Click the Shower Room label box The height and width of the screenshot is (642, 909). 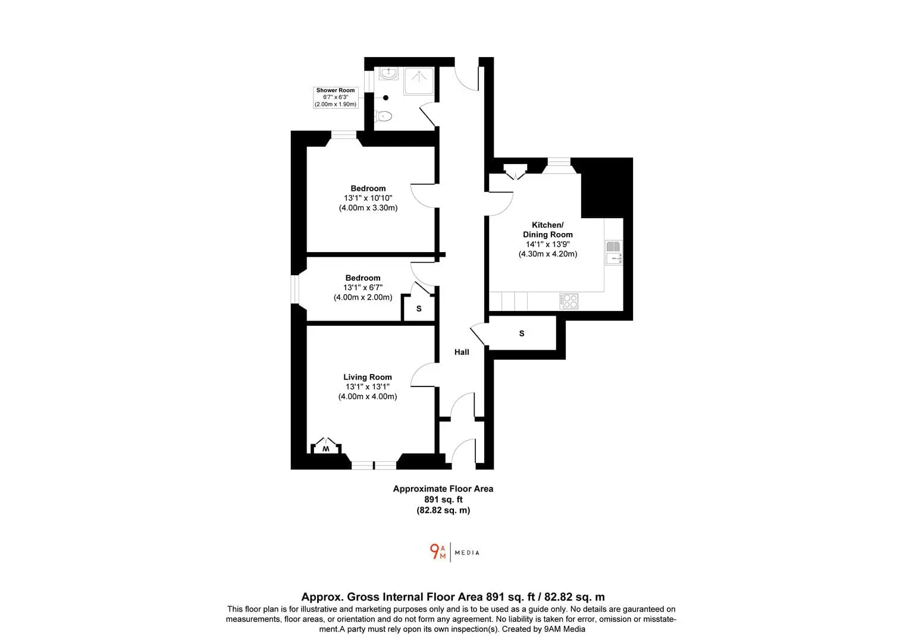tap(336, 97)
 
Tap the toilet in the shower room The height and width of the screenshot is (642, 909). tap(384, 117)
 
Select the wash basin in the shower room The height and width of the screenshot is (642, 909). tap(388, 73)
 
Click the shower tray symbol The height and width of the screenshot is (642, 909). tap(419, 81)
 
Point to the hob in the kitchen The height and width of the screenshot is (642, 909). tap(569, 301)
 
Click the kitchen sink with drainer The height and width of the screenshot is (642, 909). tap(613, 253)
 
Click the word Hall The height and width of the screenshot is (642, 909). tap(462, 353)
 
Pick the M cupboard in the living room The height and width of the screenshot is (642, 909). tap(326, 446)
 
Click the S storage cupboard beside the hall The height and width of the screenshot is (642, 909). tap(522, 333)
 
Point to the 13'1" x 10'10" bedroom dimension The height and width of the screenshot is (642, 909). tap(368, 198)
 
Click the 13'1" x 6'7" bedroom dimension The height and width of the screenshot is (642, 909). tap(363, 288)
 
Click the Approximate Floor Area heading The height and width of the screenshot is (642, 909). tap(443, 489)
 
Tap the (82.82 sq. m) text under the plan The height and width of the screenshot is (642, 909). tap(443, 510)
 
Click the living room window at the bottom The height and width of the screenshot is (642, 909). tap(374, 465)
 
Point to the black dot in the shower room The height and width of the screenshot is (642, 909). tap(386, 97)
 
